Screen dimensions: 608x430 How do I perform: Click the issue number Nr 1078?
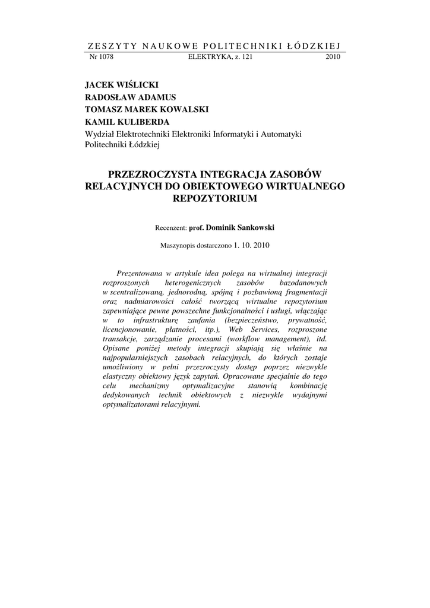click(101, 57)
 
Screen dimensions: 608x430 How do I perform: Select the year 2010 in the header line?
click(333, 57)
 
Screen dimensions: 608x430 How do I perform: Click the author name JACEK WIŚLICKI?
click(122, 85)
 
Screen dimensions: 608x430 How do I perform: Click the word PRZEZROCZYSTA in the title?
click(150, 175)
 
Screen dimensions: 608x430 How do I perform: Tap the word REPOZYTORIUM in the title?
click(214, 198)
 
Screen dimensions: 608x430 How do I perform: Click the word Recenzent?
click(170, 227)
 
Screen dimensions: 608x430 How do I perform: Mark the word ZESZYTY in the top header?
click(105, 46)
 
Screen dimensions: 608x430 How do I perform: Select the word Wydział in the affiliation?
click(100, 134)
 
